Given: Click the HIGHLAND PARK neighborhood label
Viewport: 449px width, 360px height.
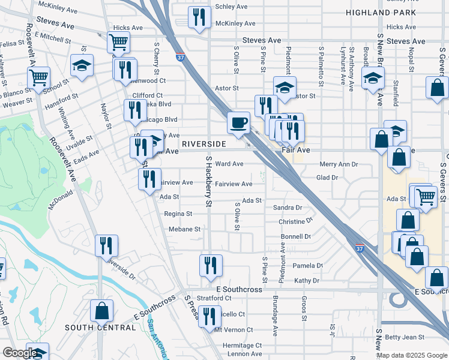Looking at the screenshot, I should point(380,13).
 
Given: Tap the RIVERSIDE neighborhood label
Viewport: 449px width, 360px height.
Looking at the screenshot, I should point(203,145).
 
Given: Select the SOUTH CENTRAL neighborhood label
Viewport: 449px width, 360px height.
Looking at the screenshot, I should point(100,328).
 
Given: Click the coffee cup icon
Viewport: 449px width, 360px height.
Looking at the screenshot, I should point(238,123).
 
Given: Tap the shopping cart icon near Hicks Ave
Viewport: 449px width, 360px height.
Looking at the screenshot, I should point(119,43).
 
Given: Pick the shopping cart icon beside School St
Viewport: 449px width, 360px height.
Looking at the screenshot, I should point(38,77).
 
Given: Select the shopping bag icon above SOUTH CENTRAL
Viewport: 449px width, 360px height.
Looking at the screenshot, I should point(101,310).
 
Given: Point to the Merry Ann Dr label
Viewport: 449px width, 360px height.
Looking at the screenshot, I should point(339,164).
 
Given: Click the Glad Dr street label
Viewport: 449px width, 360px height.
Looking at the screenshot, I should point(327,178).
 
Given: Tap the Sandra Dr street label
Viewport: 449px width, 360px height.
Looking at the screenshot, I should point(287,208).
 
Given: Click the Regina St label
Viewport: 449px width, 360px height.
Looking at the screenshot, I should point(178,214).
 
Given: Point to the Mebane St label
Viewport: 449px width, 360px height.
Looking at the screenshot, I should point(184,229).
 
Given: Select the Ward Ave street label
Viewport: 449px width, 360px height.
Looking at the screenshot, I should point(229,164).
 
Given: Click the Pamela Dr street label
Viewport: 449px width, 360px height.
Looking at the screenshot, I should point(307,266).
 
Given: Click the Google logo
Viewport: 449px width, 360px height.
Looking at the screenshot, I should point(20,353).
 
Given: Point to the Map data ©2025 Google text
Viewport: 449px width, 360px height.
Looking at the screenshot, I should point(411,355).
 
